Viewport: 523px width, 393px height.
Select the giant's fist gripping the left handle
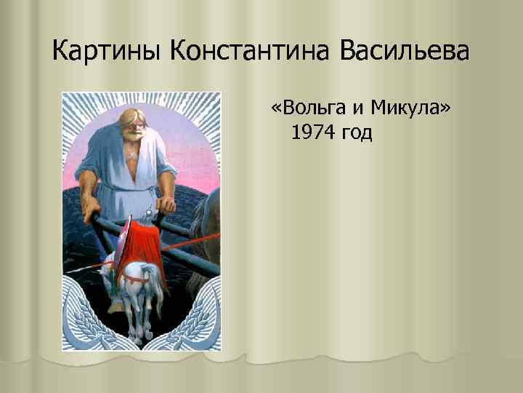coord(90,214)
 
